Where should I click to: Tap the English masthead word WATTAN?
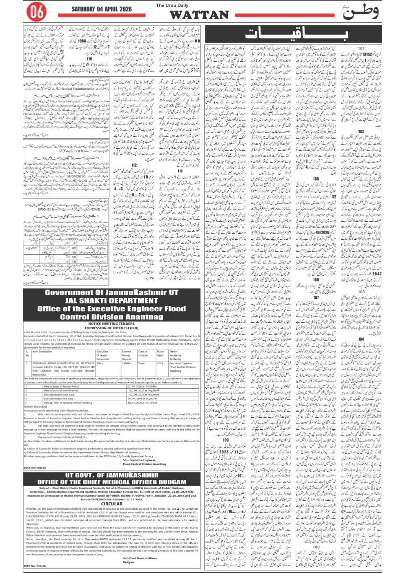(199, 15)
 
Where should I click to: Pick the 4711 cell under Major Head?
(160, 363)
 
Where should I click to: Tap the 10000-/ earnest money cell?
(127, 363)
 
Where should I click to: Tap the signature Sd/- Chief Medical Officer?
(140, 558)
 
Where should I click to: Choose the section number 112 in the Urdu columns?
(134, 165)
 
